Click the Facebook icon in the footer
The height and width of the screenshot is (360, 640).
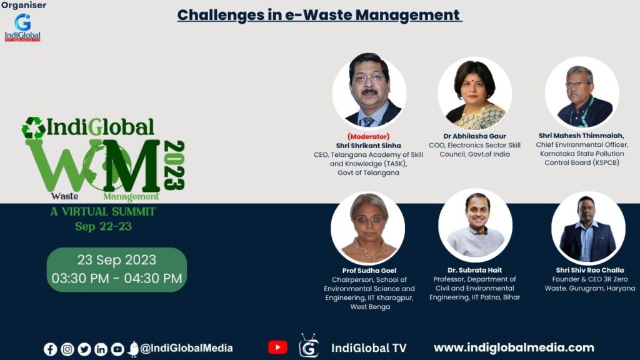click(x=50, y=349)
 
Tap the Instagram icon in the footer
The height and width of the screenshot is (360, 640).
click(x=67, y=349)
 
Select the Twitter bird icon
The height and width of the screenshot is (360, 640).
click(x=84, y=349)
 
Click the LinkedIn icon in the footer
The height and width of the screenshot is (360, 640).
click(x=101, y=349)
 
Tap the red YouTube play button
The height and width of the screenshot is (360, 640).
click(x=277, y=347)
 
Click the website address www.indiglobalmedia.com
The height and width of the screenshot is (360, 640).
click(x=514, y=347)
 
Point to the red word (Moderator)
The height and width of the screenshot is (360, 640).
click(x=369, y=136)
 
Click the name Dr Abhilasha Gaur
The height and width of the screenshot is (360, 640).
click(x=475, y=136)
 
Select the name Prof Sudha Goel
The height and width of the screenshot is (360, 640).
click(x=369, y=270)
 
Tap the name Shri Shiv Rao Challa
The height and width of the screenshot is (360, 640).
click(x=590, y=270)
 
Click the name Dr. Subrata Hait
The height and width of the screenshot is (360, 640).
click(x=475, y=270)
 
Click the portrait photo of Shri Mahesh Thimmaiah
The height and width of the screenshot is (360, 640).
click(x=582, y=93)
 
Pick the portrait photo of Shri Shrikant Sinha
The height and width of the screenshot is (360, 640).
click(x=369, y=90)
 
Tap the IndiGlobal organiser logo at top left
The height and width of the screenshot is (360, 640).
click(x=22, y=27)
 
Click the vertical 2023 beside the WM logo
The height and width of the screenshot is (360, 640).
click(x=174, y=165)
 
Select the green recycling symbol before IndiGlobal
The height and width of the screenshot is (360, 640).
click(x=34, y=127)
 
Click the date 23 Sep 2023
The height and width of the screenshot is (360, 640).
click(x=117, y=260)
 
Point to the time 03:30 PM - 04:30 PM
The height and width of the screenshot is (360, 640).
click(x=117, y=278)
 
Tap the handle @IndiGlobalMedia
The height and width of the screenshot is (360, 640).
click(x=186, y=348)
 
